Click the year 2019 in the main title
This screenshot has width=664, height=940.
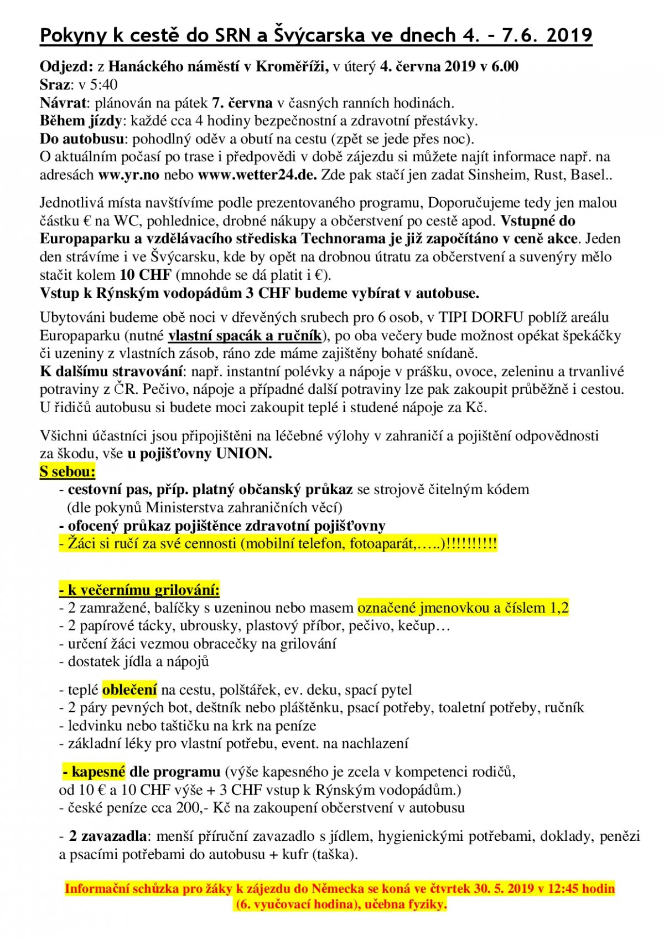(569, 35)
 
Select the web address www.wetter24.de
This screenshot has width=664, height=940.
(257, 175)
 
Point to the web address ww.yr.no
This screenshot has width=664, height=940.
(129, 175)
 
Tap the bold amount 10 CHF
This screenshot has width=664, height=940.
(146, 275)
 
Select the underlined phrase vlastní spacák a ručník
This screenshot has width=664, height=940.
(245, 336)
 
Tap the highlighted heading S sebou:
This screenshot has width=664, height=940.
(68, 472)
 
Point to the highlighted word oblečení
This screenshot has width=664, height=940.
(130, 690)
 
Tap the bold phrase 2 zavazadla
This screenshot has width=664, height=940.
(108, 836)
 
